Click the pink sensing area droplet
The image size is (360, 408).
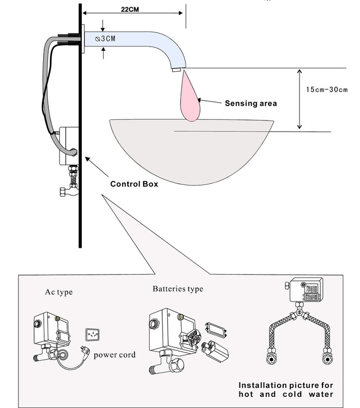click(x=190, y=99)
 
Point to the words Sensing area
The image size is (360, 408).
click(x=251, y=103)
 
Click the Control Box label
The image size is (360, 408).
click(x=134, y=183)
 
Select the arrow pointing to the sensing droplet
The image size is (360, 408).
click(x=211, y=102)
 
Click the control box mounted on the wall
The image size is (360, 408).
click(x=69, y=145)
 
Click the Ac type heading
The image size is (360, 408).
click(x=59, y=292)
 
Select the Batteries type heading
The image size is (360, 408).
click(x=178, y=289)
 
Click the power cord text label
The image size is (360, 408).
click(x=114, y=354)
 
